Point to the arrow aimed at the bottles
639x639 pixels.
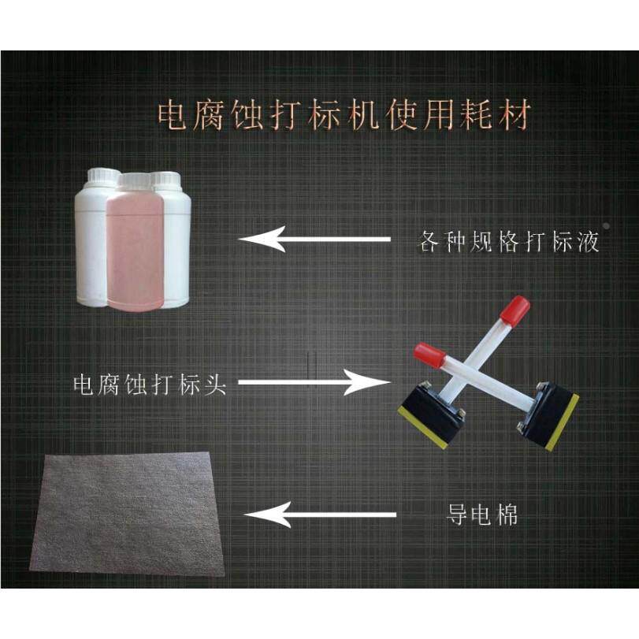(315, 238)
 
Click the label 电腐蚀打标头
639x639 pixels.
(150, 385)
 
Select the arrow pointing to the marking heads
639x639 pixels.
(314, 384)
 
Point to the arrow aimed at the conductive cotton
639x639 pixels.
(320, 515)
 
